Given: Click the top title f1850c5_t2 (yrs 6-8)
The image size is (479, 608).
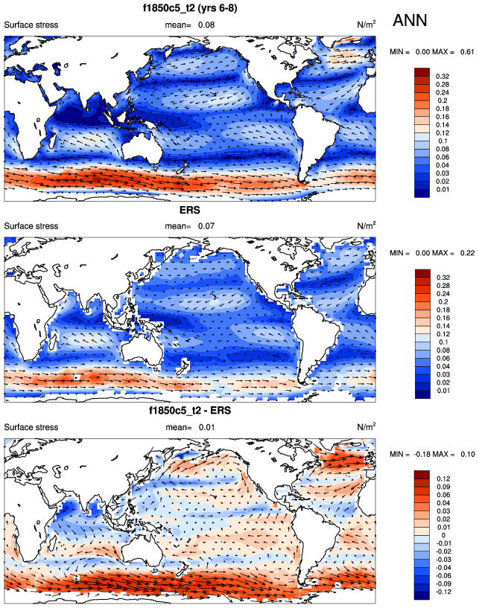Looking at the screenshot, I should tap(190, 9).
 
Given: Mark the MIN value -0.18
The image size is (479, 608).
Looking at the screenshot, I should tap(422, 454).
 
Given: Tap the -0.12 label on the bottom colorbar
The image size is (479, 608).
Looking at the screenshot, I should tap(445, 592).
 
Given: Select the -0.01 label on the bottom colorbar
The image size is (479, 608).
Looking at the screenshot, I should tap(445, 544).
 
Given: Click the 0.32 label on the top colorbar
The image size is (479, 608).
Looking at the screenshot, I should tap(443, 76).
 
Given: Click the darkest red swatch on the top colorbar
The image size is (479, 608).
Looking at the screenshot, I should tap(422, 71).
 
